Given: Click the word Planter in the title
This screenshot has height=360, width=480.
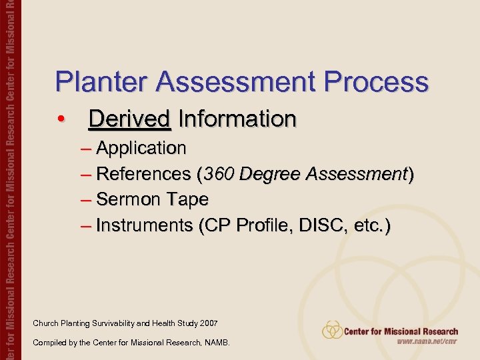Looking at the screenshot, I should [94, 82].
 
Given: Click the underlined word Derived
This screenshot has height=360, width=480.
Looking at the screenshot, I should [129, 119].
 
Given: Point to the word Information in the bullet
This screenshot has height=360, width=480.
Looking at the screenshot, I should [237, 119].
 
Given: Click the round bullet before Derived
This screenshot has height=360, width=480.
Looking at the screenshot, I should [61, 120].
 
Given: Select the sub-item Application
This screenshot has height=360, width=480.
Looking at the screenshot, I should [141, 147].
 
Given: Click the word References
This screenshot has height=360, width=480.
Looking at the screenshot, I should [143, 173].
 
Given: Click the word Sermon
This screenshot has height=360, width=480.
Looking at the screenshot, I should [128, 199].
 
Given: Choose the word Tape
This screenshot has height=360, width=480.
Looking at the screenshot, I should [187, 199].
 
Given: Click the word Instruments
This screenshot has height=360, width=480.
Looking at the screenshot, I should [144, 225].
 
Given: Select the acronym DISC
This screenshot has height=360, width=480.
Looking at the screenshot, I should [317, 225].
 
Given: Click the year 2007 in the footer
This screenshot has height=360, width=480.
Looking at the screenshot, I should [208, 323].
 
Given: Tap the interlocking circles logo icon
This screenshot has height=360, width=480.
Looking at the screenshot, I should [332, 330].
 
